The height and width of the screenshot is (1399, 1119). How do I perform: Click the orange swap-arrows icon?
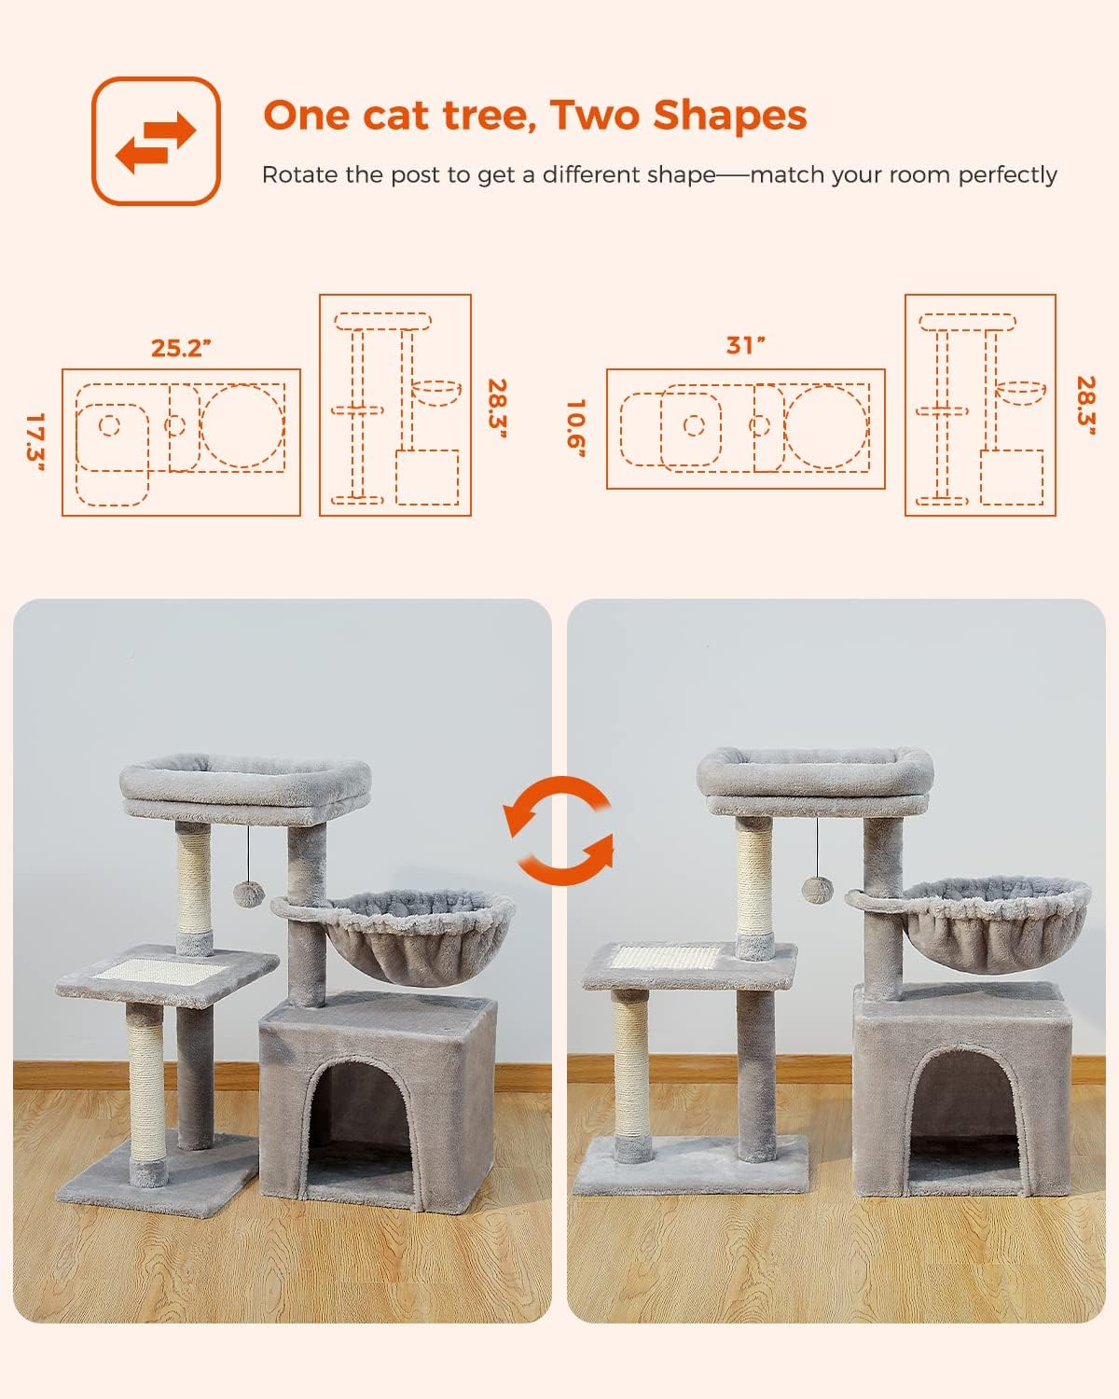point(156,141)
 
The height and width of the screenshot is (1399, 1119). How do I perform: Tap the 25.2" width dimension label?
point(181,348)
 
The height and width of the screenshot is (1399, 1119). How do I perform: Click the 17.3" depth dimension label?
point(35,442)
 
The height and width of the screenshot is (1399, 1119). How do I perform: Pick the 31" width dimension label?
point(745,345)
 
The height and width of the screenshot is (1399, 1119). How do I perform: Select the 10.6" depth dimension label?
point(576,429)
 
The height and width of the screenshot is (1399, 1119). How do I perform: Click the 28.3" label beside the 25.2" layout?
point(496,410)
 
